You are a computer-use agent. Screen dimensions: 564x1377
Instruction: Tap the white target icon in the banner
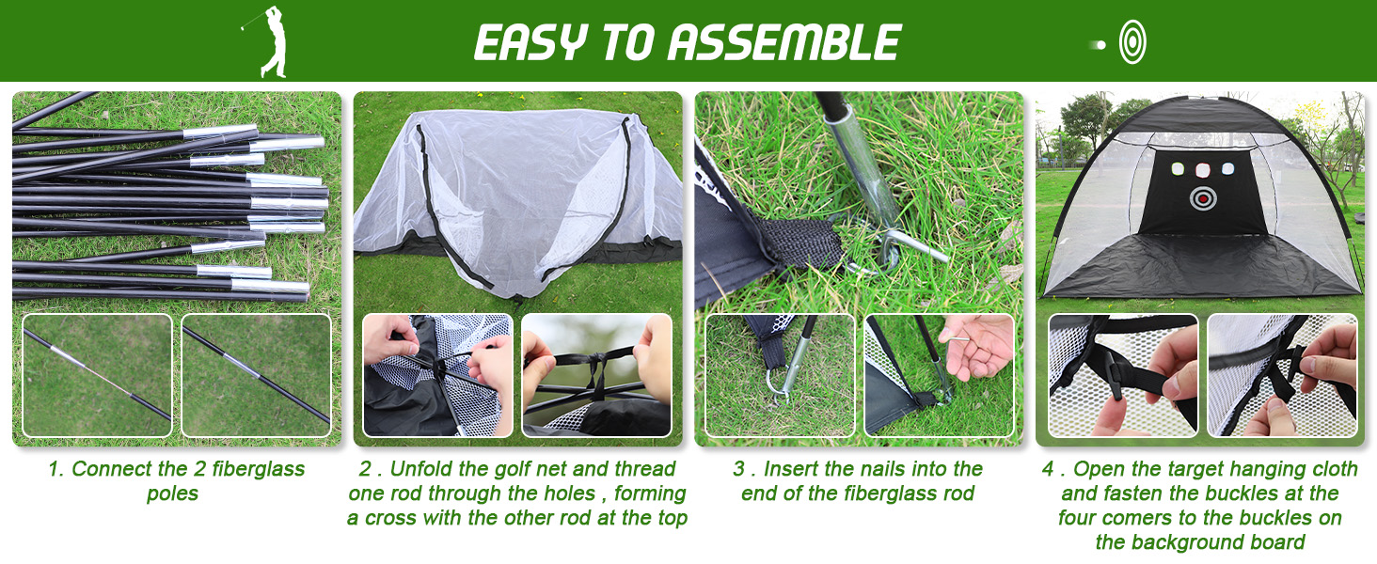click(x=1132, y=42)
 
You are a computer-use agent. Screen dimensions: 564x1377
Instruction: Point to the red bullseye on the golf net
click(x=1201, y=197)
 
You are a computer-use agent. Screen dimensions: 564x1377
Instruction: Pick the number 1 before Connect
click(x=53, y=469)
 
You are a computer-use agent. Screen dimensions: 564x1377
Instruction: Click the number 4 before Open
click(x=1048, y=469)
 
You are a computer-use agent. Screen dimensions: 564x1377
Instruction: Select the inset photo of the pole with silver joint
click(x=97, y=375)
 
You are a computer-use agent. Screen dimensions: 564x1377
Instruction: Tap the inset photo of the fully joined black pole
click(x=256, y=375)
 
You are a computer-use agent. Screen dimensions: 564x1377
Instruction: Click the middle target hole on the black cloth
click(x=1201, y=170)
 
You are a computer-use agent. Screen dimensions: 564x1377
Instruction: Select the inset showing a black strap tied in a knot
click(x=596, y=375)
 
